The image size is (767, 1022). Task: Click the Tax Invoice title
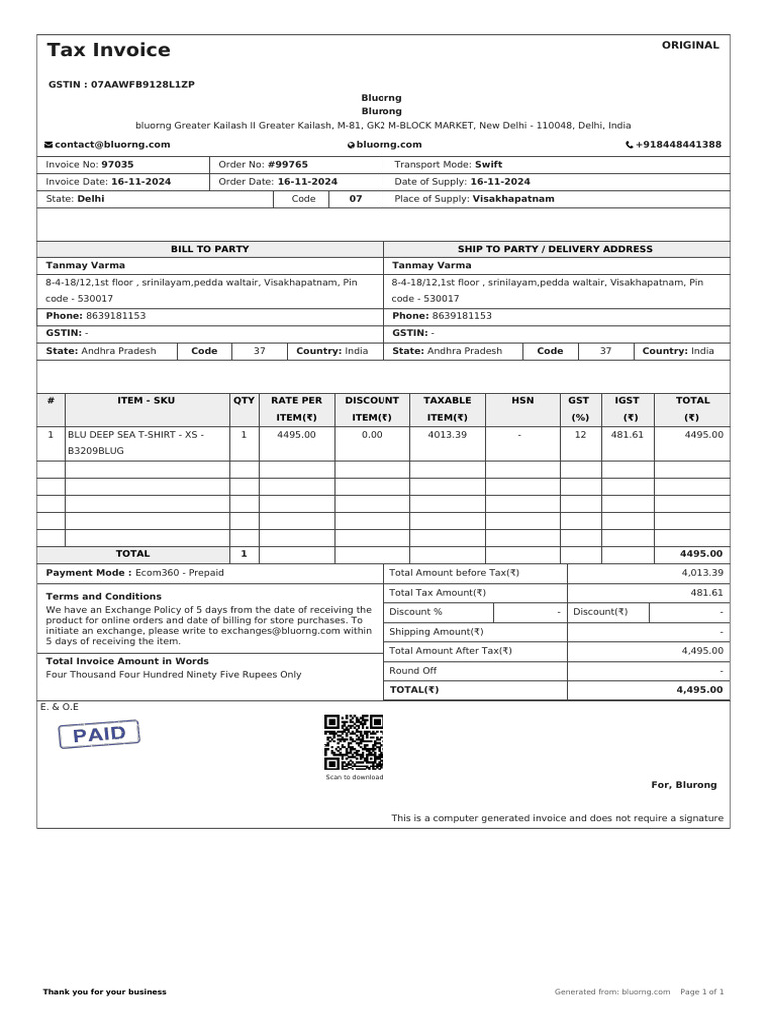point(108,50)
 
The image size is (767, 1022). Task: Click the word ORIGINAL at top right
point(689,45)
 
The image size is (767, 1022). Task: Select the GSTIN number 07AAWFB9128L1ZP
point(143,85)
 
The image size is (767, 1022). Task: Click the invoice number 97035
point(117,164)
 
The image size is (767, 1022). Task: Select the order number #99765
point(288,164)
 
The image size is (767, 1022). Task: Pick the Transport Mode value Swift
point(488,164)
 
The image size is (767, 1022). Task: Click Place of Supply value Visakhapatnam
point(513,199)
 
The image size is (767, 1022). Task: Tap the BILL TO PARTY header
point(210,249)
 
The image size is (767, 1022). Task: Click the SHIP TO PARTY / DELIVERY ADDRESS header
point(555,249)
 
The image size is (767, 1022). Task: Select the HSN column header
point(522,400)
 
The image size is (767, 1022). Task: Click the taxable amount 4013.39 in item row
point(447,435)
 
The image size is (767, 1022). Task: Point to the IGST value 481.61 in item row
point(627,435)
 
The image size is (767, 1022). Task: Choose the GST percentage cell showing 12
point(579,435)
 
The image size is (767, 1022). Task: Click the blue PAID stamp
point(99,735)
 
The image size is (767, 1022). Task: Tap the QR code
point(354,742)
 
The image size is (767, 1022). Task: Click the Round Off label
point(413,671)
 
